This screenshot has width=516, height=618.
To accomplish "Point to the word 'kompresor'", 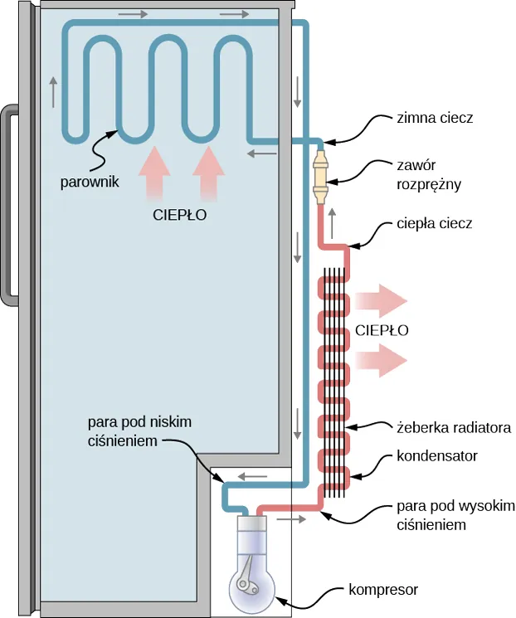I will pyautogui.click(x=382, y=590).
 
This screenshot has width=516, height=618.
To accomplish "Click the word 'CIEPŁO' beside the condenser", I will pyautogui.click(x=382, y=329).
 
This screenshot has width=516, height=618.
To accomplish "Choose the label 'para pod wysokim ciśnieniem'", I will pyautogui.click(x=455, y=514).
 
